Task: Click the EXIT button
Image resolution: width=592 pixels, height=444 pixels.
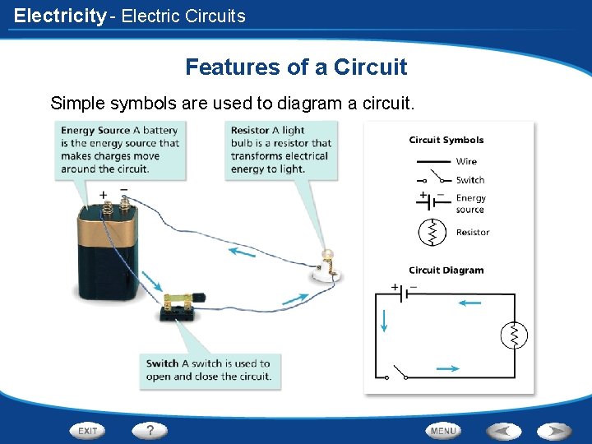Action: (87, 430)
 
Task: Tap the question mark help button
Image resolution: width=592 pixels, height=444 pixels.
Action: (150, 430)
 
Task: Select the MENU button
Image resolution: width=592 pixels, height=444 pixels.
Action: (442, 430)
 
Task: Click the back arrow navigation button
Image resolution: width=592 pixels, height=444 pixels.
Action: (504, 430)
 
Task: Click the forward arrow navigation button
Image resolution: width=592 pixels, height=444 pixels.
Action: (553, 430)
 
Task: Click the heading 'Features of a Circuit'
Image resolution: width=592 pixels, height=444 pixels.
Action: (296, 67)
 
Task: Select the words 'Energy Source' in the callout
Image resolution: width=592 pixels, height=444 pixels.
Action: (95, 130)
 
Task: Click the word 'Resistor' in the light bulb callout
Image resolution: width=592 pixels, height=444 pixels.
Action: (250, 130)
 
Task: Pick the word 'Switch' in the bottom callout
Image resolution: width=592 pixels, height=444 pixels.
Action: (162, 363)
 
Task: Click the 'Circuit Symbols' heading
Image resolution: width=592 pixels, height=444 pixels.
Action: (446, 140)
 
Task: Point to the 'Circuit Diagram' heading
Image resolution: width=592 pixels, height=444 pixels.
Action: (446, 271)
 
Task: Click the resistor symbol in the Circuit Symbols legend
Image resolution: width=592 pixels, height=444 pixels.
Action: (432, 233)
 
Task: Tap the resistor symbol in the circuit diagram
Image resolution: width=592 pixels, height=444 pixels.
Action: (514, 335)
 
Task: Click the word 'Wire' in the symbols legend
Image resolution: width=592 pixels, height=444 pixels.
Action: (466, 161)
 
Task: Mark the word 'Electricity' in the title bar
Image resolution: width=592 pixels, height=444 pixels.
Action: (60, 16)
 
